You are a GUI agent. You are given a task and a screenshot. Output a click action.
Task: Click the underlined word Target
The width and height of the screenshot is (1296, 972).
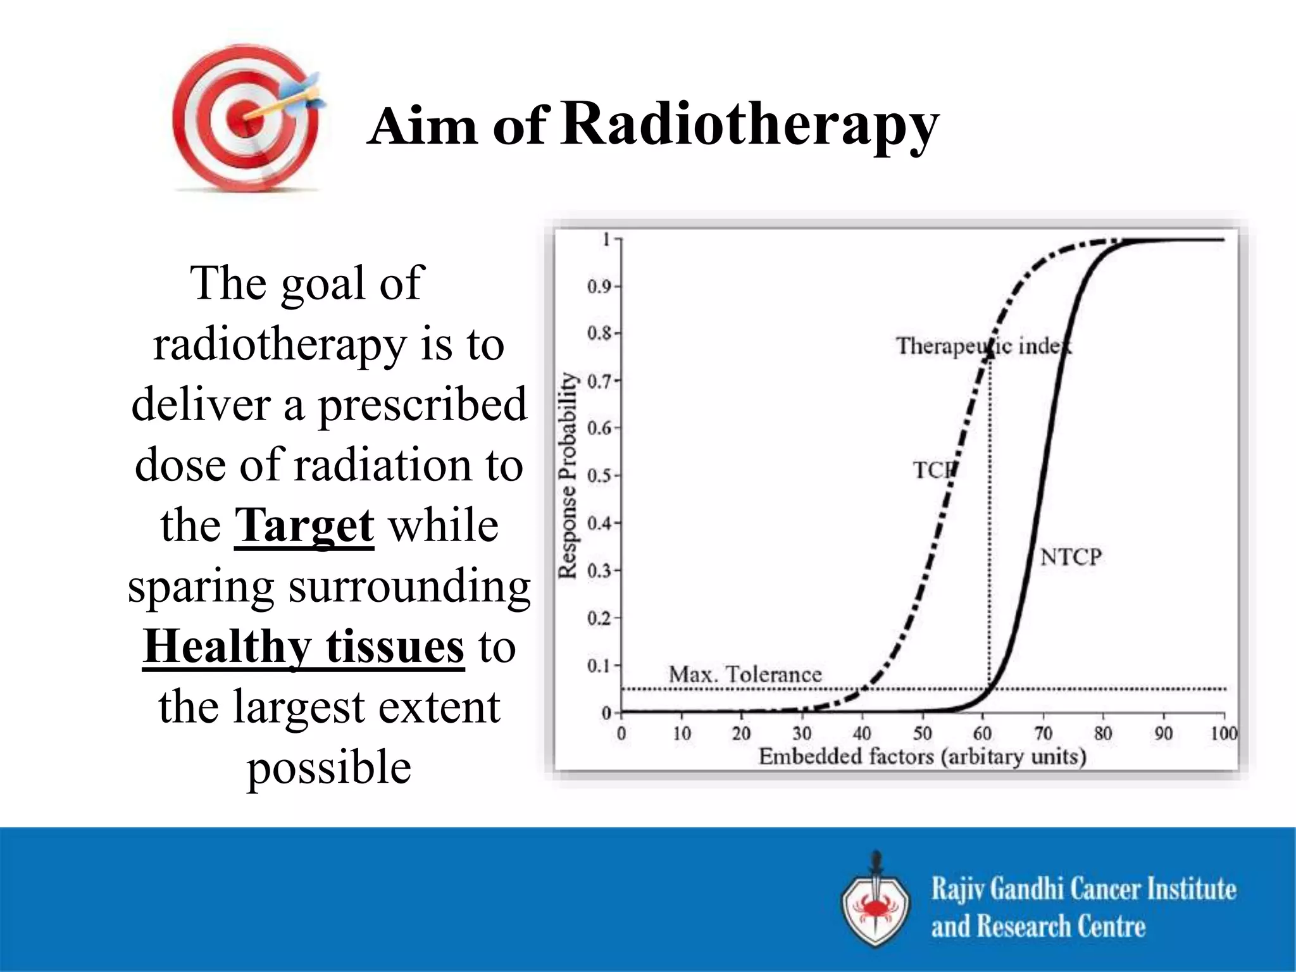coord(304,526)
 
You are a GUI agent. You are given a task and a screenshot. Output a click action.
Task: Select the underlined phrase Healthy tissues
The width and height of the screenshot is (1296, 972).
coord(304,647)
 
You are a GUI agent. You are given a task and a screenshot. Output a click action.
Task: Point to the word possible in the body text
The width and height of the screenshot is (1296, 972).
coord(329,767)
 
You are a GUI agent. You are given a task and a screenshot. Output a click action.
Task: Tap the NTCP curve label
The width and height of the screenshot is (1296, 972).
coord(1071,558)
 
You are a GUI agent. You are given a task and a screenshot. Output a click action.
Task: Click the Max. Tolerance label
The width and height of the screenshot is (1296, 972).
coord(745,675)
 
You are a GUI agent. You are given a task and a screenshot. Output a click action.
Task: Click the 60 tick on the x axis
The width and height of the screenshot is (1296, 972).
coord(982,734)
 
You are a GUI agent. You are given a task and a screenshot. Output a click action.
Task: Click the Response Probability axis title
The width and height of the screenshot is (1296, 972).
coord(568,476)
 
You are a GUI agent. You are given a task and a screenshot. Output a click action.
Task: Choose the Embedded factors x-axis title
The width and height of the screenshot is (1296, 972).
coord(922,757)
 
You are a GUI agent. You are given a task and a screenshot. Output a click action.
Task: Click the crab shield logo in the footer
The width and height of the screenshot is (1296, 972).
coord(876,901)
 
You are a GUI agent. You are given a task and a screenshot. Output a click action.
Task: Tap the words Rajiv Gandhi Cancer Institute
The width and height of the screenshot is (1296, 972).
coord(1083,889)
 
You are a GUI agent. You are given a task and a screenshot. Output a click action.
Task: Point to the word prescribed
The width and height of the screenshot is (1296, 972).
coord(422,405)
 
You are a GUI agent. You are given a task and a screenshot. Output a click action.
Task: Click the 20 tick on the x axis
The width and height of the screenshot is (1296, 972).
coord(741,734)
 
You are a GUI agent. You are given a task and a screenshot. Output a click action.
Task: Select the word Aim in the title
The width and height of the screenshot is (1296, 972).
coord(422,127)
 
